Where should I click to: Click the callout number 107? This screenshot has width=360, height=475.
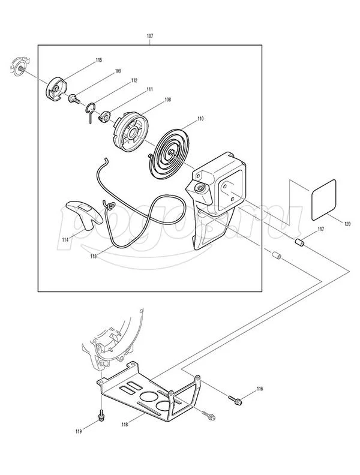click(150, 36)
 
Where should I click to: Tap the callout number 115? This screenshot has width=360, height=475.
click(99, 60)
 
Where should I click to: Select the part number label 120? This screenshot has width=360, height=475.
click(347, 224)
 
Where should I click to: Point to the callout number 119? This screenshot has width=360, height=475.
click(79, 432)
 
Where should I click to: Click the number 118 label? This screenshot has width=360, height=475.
click(125, 425)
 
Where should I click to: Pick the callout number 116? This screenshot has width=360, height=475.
click(260, 389)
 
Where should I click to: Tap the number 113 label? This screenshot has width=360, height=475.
click(94, 256)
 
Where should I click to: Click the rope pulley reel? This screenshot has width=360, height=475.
click(131, 130)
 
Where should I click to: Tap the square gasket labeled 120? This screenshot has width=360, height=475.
click(323, 200)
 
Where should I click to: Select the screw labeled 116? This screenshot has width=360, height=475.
click(236, 400)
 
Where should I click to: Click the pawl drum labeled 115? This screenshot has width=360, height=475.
click(56, 89)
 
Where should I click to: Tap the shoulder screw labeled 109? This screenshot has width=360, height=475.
click(74, 98)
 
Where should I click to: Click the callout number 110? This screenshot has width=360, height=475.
click(200, 118)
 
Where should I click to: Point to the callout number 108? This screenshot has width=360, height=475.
click(167, 100)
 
